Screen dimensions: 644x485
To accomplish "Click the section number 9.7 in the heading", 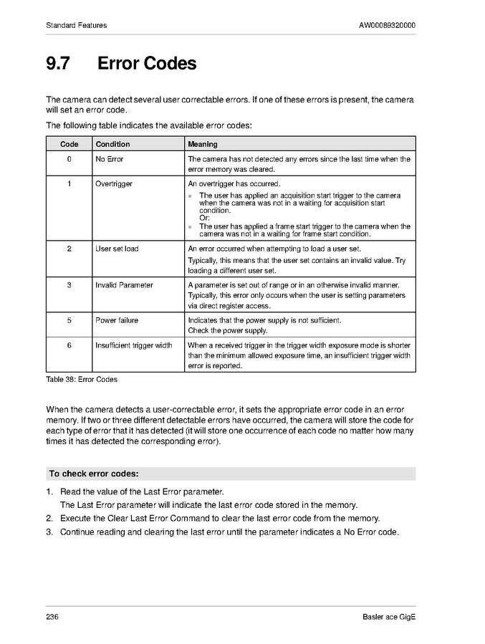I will tap(58, 64).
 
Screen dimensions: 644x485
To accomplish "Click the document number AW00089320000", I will tap(387, 26).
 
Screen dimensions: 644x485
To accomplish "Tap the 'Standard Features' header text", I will tap(77, 26).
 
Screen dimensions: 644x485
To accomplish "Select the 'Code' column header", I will tap(69, 144).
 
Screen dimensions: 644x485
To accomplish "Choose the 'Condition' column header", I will tap(113, 144).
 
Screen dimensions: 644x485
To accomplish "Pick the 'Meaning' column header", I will tap(203, 144).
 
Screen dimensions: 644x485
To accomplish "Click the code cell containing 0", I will tap(69, 159).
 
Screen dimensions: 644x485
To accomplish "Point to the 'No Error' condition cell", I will tap(110, 159).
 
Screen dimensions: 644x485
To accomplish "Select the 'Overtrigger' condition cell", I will tap(114, 184).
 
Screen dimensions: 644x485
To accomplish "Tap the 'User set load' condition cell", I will tap(117, 249).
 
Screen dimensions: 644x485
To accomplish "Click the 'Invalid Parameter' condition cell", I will tap(124, 284).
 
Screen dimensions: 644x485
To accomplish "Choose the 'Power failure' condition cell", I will tap(117, 320).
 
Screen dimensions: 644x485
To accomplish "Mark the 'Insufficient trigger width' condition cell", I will tap(134, 345).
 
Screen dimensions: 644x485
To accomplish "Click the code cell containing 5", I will tap(69, 320).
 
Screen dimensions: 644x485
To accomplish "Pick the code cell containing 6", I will tap(69, 345).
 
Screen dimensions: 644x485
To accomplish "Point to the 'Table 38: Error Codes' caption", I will tap(82, 379).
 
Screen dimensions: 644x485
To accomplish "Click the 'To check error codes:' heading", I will tap(94, 474).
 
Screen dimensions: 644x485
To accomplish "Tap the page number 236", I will tap(52, 617).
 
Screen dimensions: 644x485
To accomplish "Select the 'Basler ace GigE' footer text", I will tap(389, 617).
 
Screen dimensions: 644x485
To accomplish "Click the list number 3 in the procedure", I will tap(49, 532).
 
